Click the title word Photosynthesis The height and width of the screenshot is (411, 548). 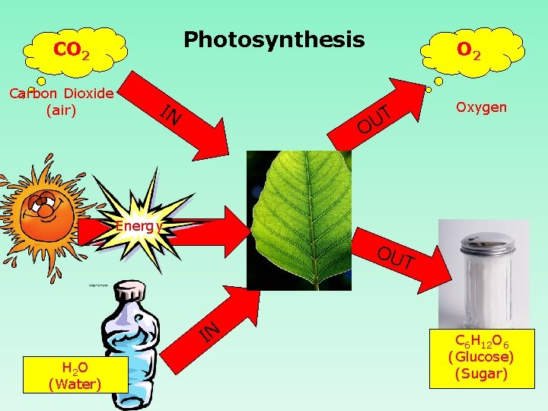(x=274, y=40)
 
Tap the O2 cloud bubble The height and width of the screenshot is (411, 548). (x=469, y=52)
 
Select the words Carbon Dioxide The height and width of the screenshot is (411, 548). (x=61, y=94)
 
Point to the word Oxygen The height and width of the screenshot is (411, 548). (x=480, y=107)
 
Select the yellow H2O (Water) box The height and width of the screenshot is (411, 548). (x=74, y=376)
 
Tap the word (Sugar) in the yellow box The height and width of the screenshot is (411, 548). (x=480, y=373)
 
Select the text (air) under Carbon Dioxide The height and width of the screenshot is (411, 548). (x=61, y=110)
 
